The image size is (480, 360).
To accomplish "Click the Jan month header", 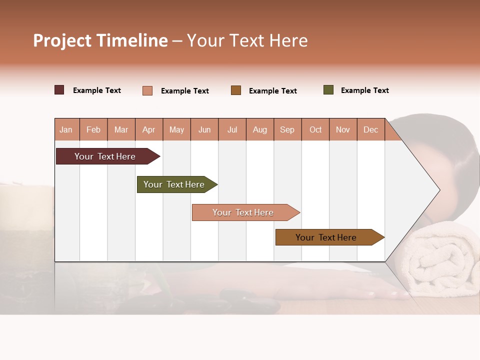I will pyautogui.click(x=66, y=129).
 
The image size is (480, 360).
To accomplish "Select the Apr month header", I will pyautogui.click(x=149, y=129).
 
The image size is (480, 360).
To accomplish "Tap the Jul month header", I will pyautogui.click(x=232, y=129).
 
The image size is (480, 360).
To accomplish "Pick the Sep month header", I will pyautogui.click(x=287, y=129).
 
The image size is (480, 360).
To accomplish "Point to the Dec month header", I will pyautogui.click(x=370, y=129).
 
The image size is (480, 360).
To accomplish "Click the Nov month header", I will pyautogui.click(x=343, y=129).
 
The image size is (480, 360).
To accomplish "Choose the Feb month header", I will pyautogui.click(x=93, y=129).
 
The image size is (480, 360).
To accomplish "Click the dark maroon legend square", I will pyautogui.click(x=59, y=90).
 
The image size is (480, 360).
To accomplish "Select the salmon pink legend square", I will pyautogui.click(x=147, y=90).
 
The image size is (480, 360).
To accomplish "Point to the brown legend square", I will pyautogui.click(x=235, y=90).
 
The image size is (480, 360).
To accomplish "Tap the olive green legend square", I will pyautogui.click(x=328, y=90).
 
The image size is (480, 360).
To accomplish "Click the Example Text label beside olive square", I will pyautogui.click(x=364, y=90).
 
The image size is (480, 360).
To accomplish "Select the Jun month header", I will pyautogui.click(x=204, y=129).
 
